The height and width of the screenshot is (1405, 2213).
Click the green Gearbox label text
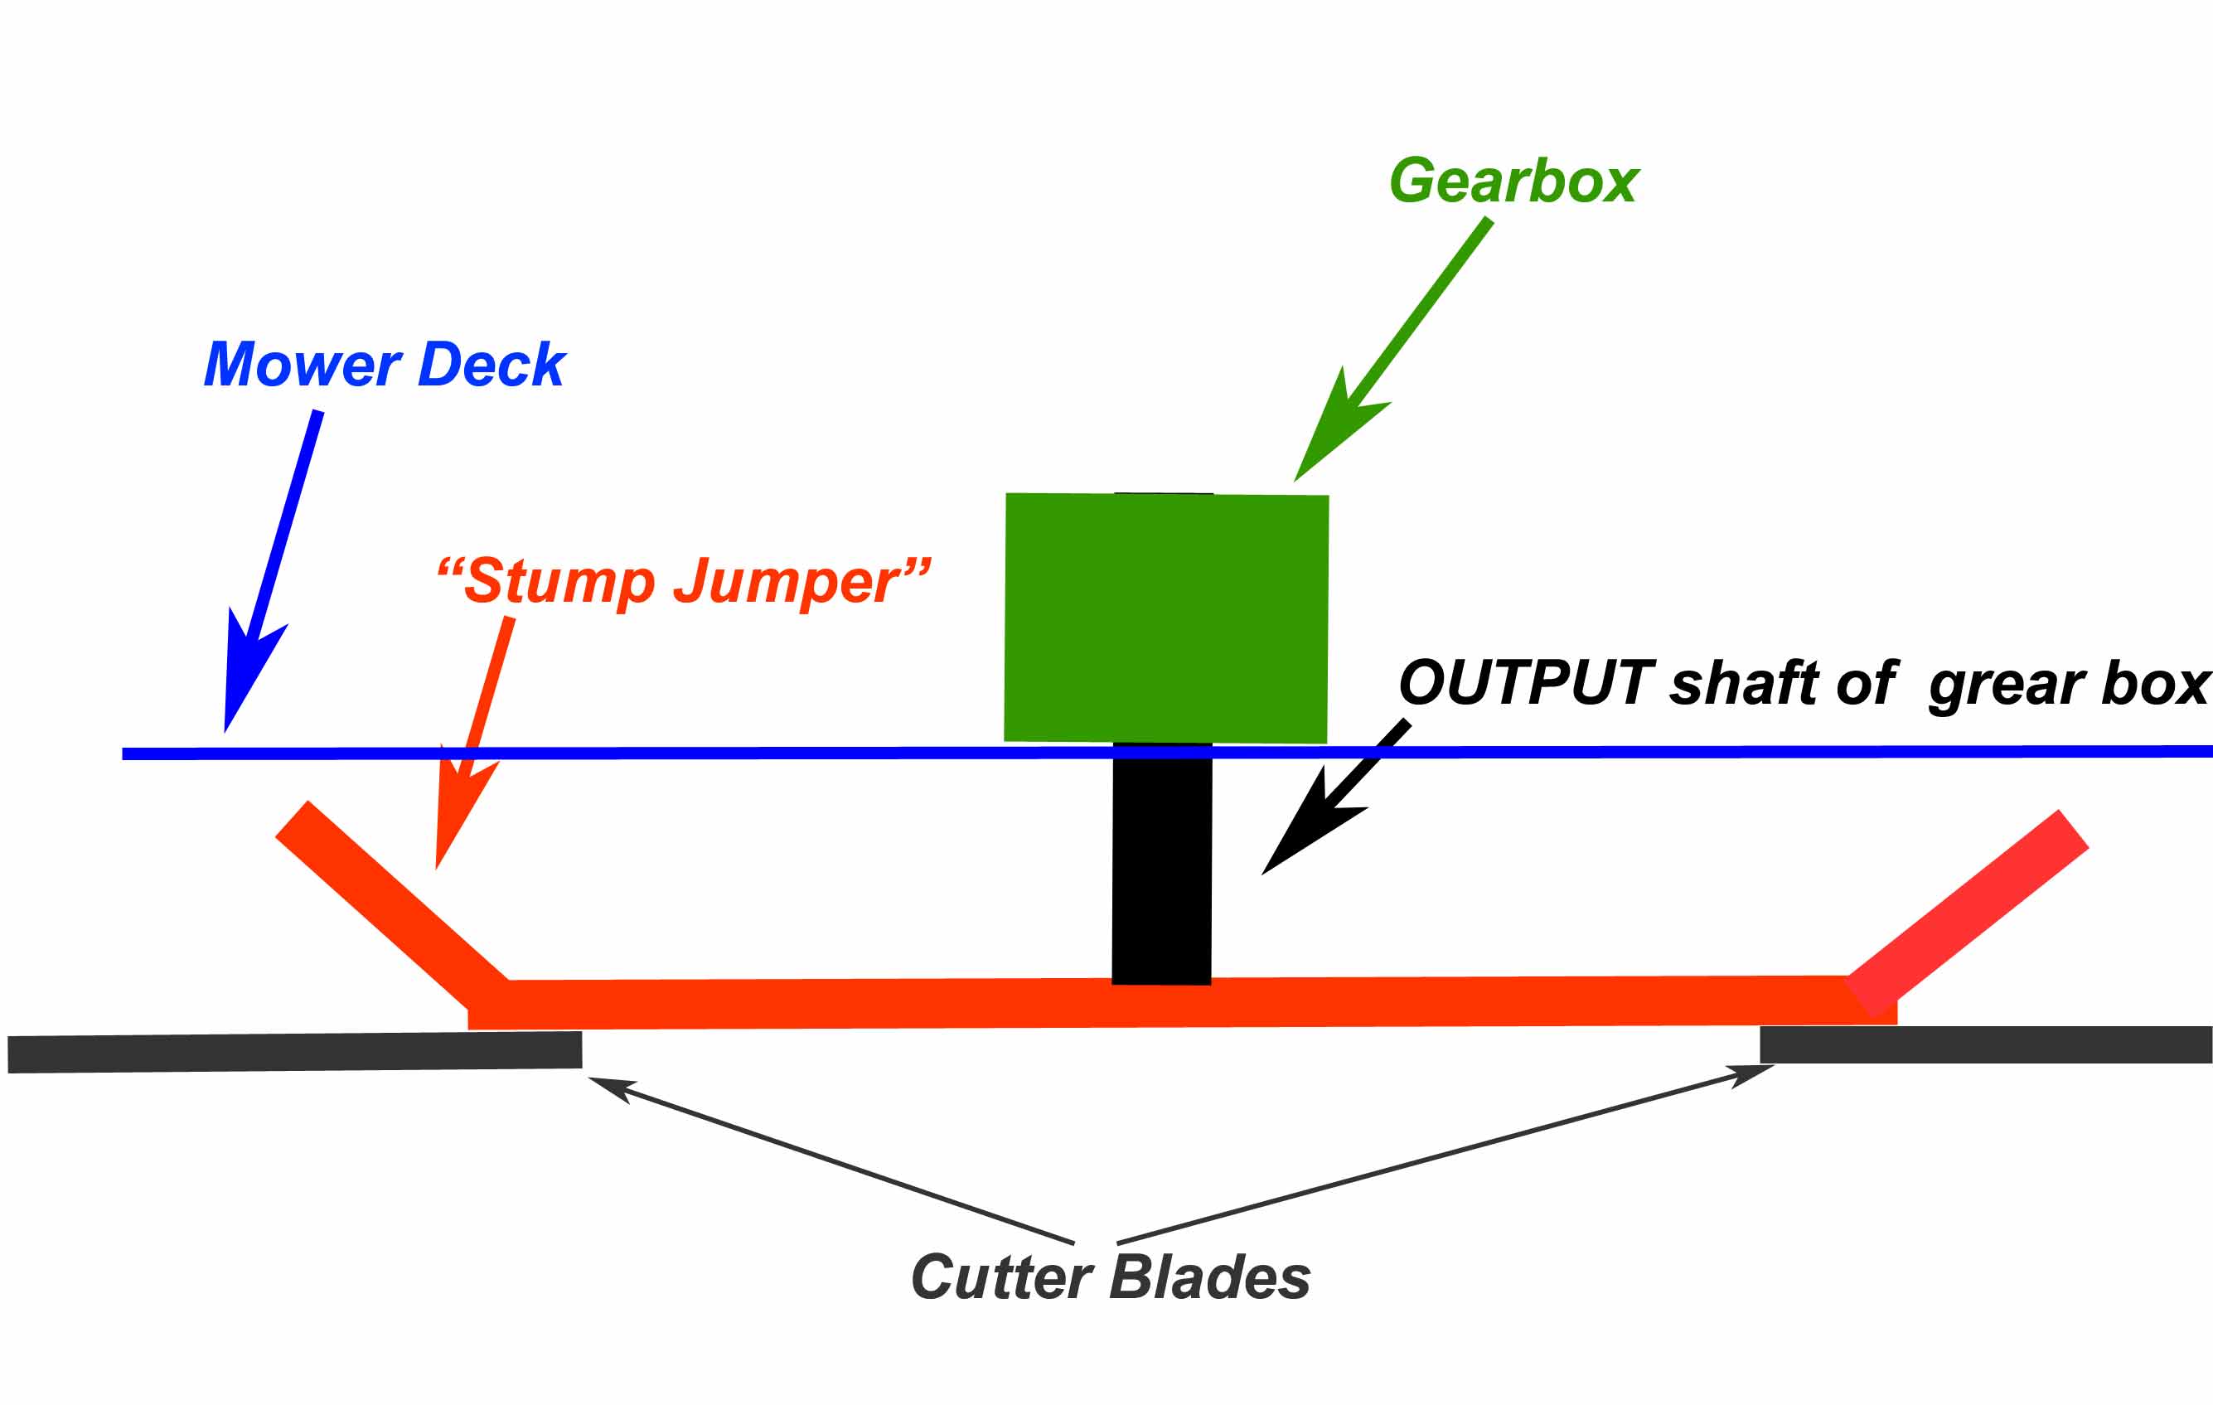coord(1513,181)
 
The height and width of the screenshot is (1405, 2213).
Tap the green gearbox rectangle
coord(1166,618)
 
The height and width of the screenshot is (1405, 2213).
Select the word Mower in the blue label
coord(303,365)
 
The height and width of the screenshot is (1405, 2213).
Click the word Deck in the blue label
coord(492,365)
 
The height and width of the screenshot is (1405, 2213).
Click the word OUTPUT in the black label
coord(1527,684)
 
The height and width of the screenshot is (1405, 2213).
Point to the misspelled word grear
coord(2009,686)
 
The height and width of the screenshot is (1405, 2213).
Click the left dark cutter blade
coord(294,1052)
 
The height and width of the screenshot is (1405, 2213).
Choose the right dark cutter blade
coord(1985,1044)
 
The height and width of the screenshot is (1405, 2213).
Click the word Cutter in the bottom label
coord(1002,1277)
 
